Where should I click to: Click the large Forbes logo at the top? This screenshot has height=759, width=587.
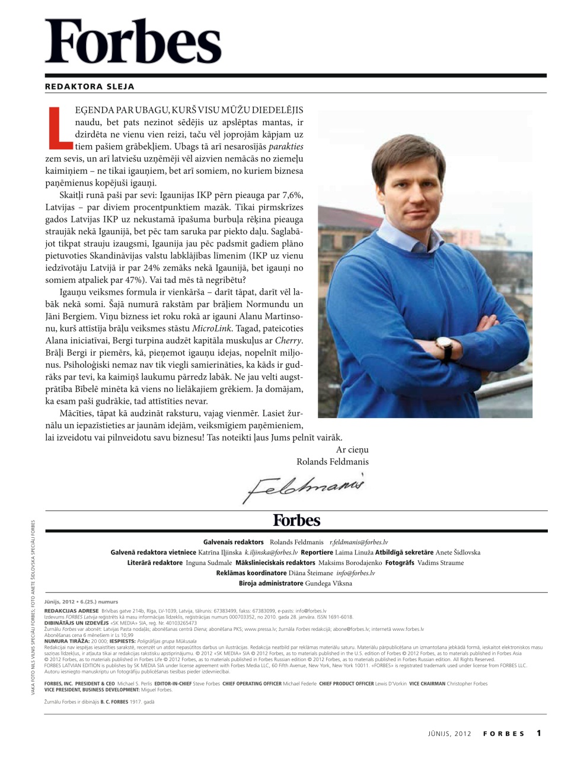(133, 42)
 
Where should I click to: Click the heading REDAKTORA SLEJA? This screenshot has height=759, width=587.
(90, 87)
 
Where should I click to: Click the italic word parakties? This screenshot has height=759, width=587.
(286, 146)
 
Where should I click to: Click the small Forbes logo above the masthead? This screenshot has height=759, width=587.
(296, 521)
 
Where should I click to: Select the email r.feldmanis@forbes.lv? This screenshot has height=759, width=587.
(358, 542)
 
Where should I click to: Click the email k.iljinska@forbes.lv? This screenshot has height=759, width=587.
(271, 552)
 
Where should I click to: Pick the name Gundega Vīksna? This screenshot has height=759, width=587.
(328, 583)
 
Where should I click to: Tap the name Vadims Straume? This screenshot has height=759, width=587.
(441, 563)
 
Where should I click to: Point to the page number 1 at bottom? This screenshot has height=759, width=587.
(539, 733)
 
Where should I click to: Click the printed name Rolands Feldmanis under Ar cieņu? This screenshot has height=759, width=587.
(332, 462)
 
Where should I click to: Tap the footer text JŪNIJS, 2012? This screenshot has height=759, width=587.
(449, 734)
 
